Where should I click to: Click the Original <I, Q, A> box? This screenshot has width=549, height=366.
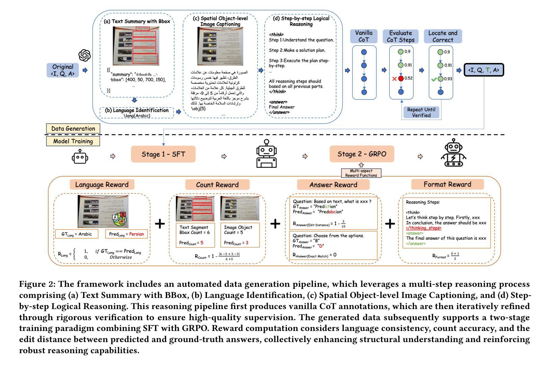pos(63,70)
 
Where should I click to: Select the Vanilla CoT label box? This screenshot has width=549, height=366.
pos(364,36)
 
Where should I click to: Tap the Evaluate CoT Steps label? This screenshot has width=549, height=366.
pos(400,36)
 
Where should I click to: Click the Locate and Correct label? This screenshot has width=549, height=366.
pos(443,36)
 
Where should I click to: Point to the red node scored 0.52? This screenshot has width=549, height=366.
pos(401,79)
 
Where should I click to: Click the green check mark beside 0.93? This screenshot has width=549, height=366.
pos(434,79)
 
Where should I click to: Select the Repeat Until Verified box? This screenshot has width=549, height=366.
pos(421,112)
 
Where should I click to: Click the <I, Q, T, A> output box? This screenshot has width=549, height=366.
pos(483,70)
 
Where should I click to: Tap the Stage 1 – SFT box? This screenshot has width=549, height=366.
pos(163,154)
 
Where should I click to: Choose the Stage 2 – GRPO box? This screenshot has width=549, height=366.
pos(362,154)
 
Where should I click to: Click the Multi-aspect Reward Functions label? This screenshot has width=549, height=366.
pos(361,173)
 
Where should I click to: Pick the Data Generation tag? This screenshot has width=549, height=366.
pos(73,128)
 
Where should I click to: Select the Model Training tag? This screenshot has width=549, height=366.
pos(73,141)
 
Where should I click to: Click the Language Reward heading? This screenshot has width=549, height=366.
pos(102,185)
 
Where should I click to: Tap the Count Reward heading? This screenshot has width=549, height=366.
pos(217,185)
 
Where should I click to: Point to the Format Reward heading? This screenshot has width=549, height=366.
pos(447,184)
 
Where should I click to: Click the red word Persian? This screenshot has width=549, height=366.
pos(136,234)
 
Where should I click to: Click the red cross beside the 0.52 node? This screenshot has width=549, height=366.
pos(394,79)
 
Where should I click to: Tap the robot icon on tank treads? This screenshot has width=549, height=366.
pos(454,153)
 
